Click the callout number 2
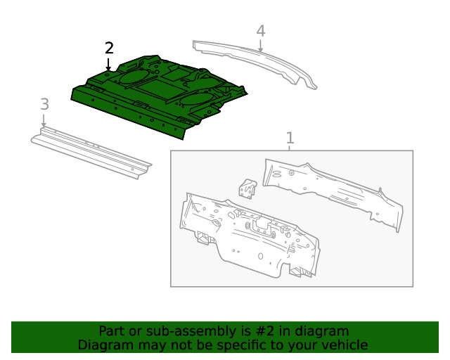click(x=109, y=48)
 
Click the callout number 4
click(x=260, y=31)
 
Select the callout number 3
click(x=44, y=104)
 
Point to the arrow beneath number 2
click(x=109, y=63)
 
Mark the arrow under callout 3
click(x=44, y=120)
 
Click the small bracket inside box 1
click(x=247, y=188)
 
